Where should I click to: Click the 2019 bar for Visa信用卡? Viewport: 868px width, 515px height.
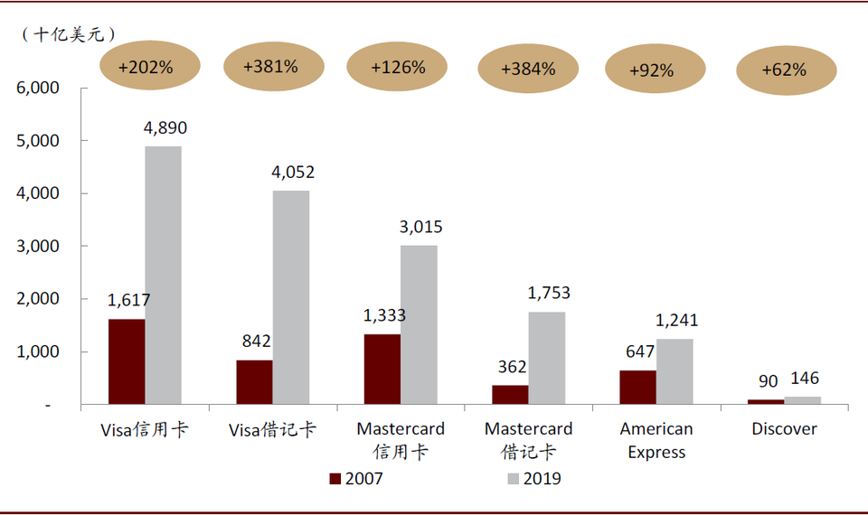(163, 275)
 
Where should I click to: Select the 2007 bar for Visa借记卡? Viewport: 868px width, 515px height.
(254, 381)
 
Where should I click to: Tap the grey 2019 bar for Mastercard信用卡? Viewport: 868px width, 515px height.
(419, 324)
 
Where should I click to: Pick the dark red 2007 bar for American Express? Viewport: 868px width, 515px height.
(637, 387)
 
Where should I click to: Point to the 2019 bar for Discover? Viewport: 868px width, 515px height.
(802, 400)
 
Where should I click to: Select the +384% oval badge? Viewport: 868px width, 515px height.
(528, 68)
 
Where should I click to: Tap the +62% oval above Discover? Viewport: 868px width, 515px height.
(784, 69)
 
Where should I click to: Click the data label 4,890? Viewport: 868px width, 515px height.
(165, 128)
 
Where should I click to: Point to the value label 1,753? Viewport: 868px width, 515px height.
(548, 294)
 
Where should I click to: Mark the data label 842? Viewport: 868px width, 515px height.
(257, 341)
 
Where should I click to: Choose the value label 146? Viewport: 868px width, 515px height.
(803, 379)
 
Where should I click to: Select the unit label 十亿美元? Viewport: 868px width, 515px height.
(69, 34)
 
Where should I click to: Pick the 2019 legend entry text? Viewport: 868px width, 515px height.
(542, 479)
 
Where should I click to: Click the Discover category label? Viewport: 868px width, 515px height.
(784, 429)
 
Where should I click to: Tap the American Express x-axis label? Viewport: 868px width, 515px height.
(656, 440)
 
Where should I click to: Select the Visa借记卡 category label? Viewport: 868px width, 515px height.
(272, 429)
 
